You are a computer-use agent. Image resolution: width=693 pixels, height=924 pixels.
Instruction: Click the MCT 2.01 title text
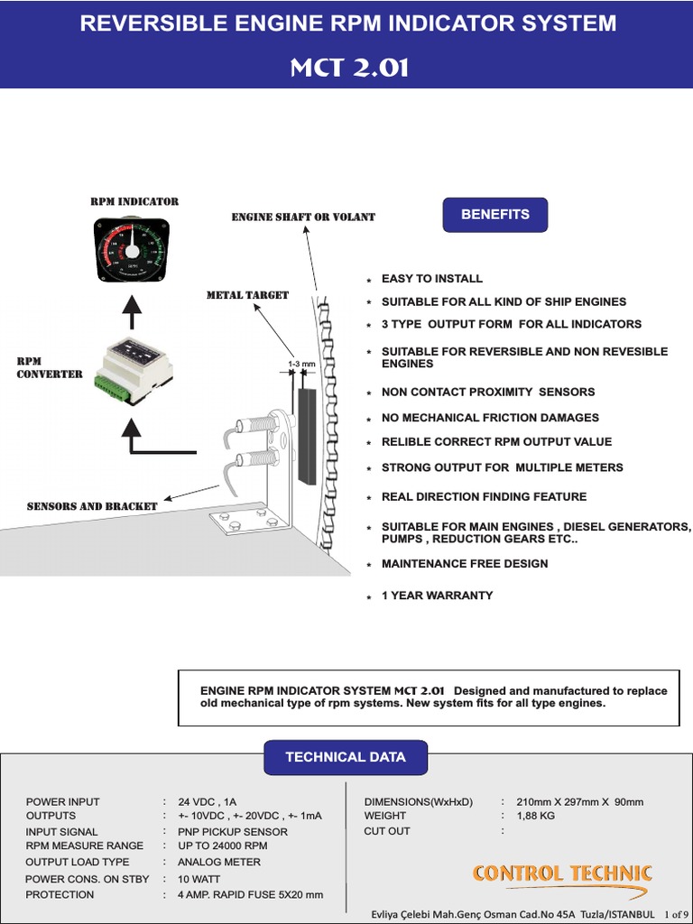349,68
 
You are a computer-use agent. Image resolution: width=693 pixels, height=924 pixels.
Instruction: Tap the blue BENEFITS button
494,215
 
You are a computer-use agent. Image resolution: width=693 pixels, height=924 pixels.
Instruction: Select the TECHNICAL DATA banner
346,757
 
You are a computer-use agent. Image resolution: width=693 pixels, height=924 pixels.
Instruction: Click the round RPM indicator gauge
132,249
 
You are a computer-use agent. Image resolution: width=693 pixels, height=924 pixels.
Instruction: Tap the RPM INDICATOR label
134,201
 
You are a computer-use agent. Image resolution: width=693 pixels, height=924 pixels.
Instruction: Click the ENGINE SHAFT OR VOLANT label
303,217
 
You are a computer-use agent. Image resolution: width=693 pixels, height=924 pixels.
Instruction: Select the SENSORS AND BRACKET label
92,506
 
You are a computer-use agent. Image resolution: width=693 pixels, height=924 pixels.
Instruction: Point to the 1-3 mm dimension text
301,365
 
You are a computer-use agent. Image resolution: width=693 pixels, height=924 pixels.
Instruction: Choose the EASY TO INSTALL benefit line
431,279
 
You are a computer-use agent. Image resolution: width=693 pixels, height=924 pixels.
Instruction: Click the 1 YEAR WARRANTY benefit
437,596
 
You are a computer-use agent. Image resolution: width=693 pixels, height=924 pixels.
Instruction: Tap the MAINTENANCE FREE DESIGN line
465,564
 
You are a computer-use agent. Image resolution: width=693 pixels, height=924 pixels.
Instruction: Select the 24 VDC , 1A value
208,802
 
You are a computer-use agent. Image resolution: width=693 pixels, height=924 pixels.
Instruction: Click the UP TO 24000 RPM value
223,845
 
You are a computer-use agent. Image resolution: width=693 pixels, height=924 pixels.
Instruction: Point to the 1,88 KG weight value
535,816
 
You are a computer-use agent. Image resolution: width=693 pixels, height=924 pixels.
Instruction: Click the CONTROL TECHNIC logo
562,873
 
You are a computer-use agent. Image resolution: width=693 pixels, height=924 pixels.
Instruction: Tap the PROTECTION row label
60,895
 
